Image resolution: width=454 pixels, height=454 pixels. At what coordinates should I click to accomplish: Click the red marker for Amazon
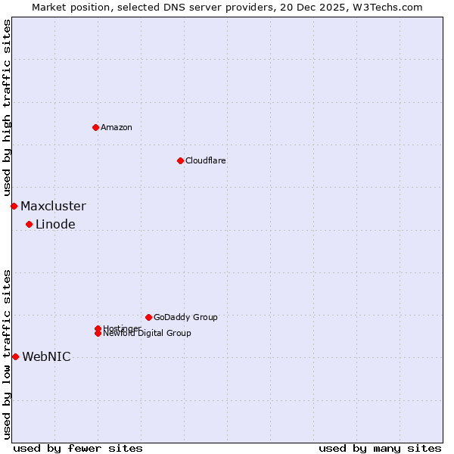pyautogui.click(x=95, y=127)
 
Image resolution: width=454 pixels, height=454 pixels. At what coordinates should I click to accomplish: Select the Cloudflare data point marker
pyautogui.click(x=180, y=160)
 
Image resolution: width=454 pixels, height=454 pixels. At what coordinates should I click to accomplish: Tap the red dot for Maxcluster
pyautogui.click(x=14, y=206)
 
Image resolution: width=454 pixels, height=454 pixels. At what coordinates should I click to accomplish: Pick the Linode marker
pyautogui.click(x=29, y=224)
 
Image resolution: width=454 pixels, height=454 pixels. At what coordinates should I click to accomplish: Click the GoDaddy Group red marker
pyautogui.click(x=148, y=317)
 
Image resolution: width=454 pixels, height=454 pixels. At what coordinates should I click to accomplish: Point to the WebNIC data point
pyautogui.click(x=15, y=356)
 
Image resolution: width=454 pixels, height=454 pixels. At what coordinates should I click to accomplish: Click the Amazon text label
pyautogui.click(x=117, y=127)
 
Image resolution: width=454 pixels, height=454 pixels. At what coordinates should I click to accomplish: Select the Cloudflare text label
pyautogui.click(x=206, y=160)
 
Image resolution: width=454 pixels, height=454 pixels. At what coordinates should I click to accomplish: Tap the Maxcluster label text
pyautogui.click(x=53, y=206)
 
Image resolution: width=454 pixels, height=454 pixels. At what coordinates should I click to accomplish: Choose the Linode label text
pyautogui.click(x=55, y=224)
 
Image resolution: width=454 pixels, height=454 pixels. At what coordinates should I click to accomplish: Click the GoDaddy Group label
pyautogui.click(x=185, y=317)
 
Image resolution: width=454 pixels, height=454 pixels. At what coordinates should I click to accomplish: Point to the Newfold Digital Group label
pyautogui.click(x=148, y=334)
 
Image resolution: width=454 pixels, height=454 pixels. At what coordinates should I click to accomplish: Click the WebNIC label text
pyautogui.click(x=46, y=356)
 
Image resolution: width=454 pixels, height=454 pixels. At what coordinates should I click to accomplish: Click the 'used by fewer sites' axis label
pyautogui.click(x=78, y=448)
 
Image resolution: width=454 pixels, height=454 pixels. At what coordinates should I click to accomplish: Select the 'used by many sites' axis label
pyautogui.click(x=380, y=448)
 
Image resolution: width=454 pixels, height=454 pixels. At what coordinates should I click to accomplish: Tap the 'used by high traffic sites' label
pyautogui.click(x=7, y=107)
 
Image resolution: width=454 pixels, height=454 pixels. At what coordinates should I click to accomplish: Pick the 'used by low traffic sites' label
pyautogui.click(x=7, y=354)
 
